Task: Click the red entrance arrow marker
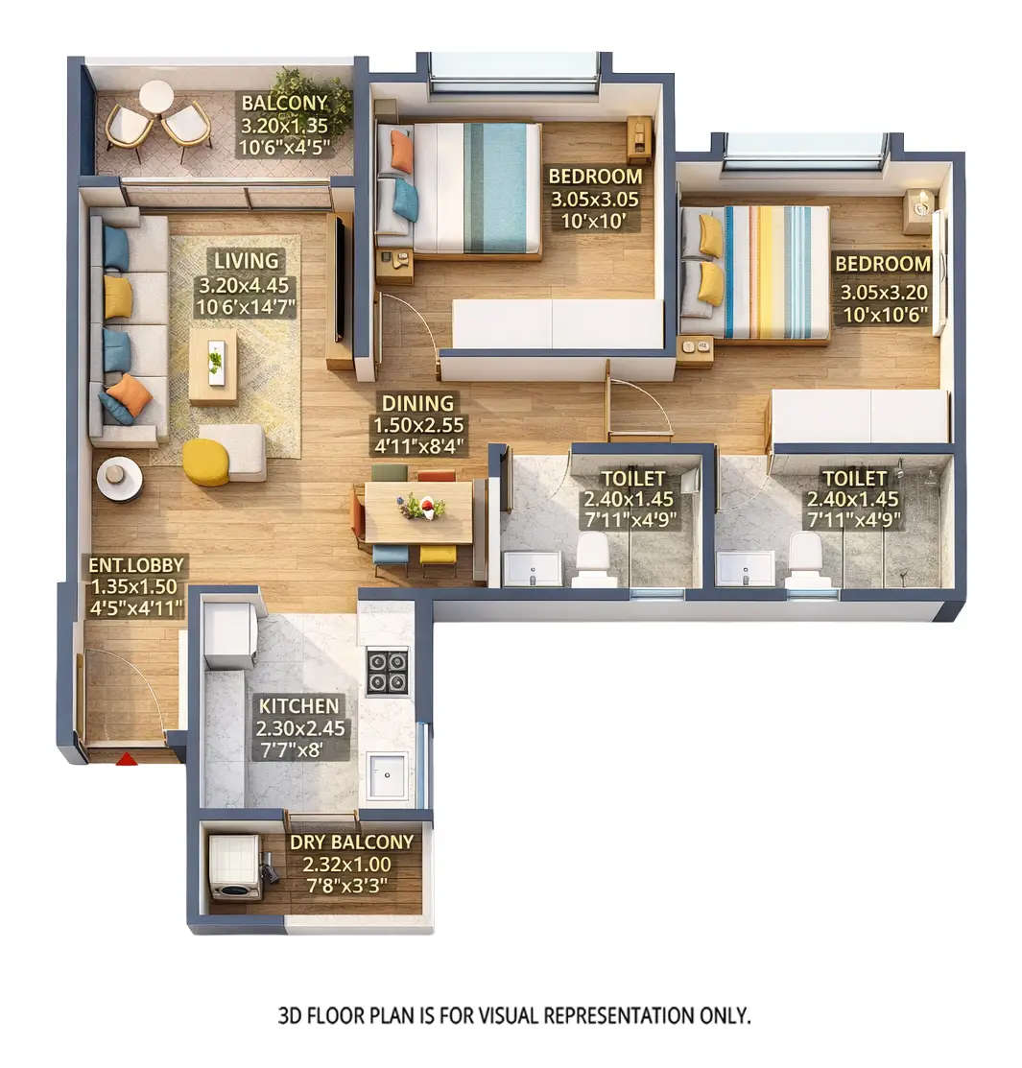[x=126, y=759]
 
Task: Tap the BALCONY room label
[x=284, y=103]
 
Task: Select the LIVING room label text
[x=247, y=260]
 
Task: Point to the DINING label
[x=417, y=403]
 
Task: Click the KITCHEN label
[x=297, y=705]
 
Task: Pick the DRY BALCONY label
[x=351, y=842]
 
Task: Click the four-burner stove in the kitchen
[x=388, y=672]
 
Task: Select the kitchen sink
[x=389, y=774]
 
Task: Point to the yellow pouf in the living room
[x=205, y=463]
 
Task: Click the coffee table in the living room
[x=212, y=366]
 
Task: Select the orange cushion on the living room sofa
[x=129, y=393]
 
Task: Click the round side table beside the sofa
[x=119, y=476]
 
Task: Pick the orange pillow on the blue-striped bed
[x=401, y=151]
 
